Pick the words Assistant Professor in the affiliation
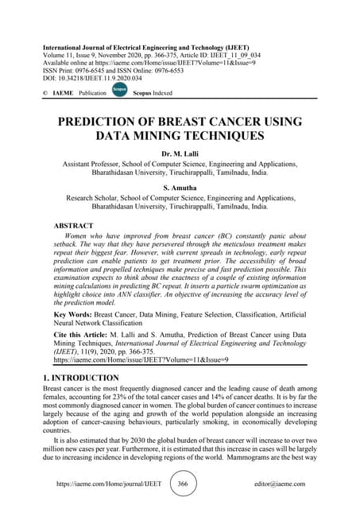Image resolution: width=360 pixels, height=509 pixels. click(x=99, y=164)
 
